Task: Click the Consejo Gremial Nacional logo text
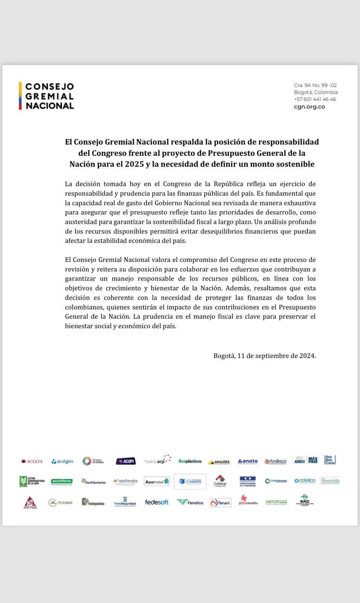pos(49,96)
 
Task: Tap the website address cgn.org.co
pos(309,107)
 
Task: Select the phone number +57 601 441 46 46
pos(315,99)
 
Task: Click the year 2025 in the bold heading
pos(135,164)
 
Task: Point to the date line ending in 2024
pos(264,356)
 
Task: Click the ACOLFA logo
pos(32,461)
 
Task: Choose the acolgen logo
pos(63,461)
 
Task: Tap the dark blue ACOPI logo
pos(126,461)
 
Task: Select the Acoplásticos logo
pos(190,461)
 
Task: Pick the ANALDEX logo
pos(219,462)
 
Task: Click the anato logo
pos(248,461)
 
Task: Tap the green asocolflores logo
pos(62,481)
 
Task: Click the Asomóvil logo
pos(157,481)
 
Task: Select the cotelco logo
pos(305,481)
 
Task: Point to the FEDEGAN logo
pos(61,502)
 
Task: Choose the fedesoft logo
pos(157,502)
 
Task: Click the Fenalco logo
pos(190,502)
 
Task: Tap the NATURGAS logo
pos(276,502)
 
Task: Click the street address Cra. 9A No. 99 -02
pos(315,86)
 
